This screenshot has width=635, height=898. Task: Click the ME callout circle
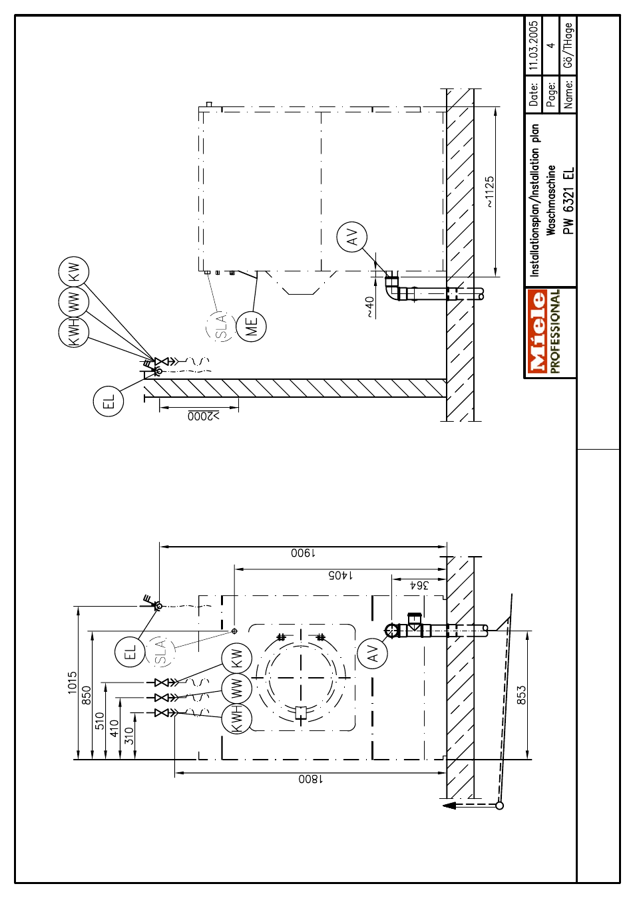(251, 326)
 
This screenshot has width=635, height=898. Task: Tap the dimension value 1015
(72, 682)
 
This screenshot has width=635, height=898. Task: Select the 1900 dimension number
(304, 553)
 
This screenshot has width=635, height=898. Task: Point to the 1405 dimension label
(341, 575)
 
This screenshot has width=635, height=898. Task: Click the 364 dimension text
(419, 585)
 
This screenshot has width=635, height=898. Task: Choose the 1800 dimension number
(311, 779)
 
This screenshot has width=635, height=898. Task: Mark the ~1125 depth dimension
(490, 192)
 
